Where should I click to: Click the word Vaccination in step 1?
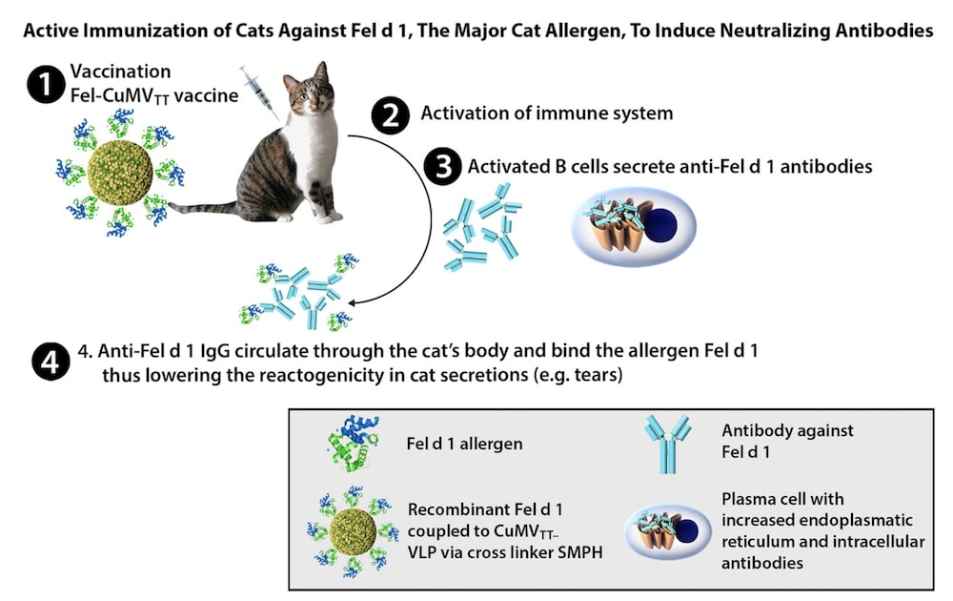tap(120, 73)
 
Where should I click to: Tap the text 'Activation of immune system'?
tap(547, 114)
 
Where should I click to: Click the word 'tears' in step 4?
tap(596, 375)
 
